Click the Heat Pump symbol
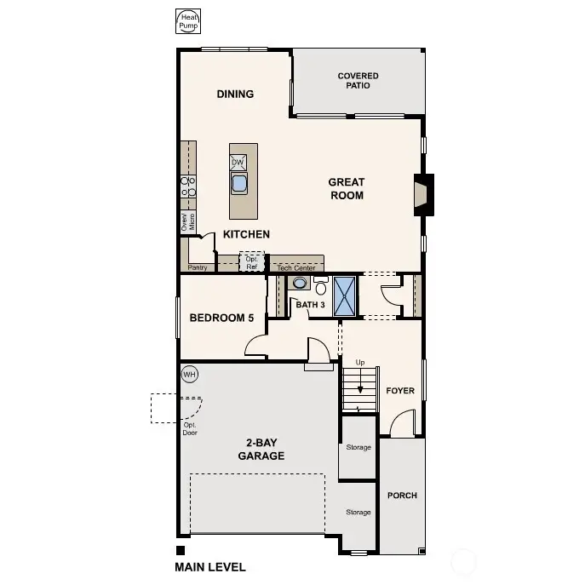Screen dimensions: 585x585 click(x=186, y=21)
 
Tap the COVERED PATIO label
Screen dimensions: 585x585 click(x=358, y=80)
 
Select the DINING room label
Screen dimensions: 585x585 click(x=235, y=95)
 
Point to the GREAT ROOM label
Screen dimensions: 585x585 click(x=347, y=188)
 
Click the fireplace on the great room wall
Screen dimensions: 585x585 click(x=423, y=192)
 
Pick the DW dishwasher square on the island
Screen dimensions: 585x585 click(x=238, y=162)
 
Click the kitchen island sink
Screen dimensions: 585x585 click(x=239, y=182)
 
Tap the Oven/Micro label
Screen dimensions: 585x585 click(x=187, y=222)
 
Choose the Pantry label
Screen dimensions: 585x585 click(x=198, y=267)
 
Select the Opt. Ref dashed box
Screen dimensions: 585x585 click(x=252, y=262)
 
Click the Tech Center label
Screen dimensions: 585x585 click(x=296, y=267)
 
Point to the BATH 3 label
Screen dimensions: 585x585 click(x=311, y=304)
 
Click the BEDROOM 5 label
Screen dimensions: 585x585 click(x=221, y=318)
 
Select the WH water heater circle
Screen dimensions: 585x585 click(x=188, y=375)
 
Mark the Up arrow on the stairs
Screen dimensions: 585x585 click(x=360, y=381)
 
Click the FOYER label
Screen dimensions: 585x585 click(x=400, y=391)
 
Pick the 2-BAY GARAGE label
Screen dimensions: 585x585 click(x=261, y=449)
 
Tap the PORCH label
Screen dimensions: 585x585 click(x=402, y=495)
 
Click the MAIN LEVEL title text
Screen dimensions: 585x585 click(x=210, y=567)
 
